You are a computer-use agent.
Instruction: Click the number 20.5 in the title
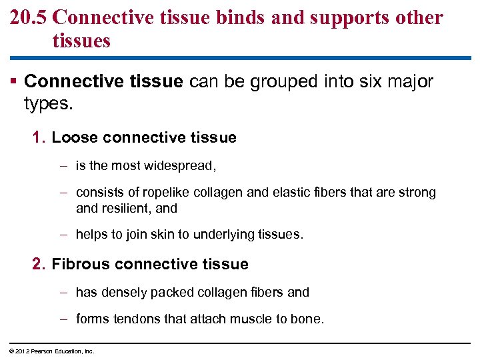[x=27, y=17]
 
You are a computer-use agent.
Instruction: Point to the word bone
[x=307, y=319]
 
